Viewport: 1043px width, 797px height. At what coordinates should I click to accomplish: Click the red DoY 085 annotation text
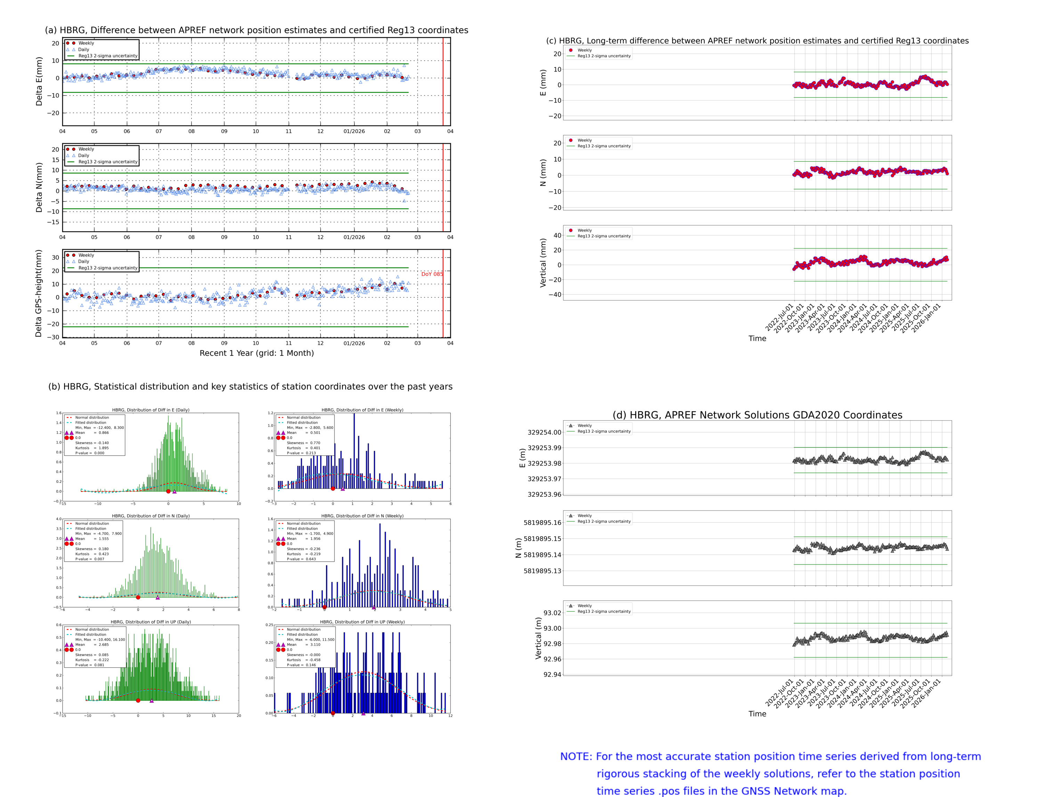click(431, 274)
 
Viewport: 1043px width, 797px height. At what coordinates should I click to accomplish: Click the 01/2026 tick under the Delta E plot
click(354, 131)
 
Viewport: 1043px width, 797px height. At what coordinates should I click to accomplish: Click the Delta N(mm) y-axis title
click(39, 187)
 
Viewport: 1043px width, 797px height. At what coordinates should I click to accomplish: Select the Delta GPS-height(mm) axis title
click(39, 293)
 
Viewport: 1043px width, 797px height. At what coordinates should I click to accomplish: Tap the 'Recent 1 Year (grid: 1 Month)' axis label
click(256, 353)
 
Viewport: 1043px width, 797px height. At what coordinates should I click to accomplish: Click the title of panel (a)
click(256, 30)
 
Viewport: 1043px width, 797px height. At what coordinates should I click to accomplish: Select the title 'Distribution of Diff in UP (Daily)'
click(151, 622)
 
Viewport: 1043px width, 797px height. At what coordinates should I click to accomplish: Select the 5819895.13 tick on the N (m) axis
click(542, 571)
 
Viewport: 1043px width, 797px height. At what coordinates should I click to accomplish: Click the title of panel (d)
click(757, 415)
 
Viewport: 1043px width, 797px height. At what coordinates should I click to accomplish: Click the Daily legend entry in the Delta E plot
click(83, 49)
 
